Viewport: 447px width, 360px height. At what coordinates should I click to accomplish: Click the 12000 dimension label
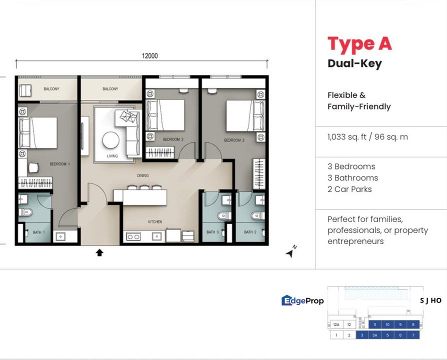(x=149, y=56)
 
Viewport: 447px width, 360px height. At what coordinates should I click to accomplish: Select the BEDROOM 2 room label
(x=233, y=140)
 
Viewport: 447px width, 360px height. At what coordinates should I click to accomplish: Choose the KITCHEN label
(x=154, y=222)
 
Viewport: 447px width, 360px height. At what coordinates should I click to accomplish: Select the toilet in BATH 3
(x=223, y=215)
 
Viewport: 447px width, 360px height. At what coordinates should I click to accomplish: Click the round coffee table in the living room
(x=111, y=140)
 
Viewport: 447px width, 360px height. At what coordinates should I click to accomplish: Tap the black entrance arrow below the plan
(x=99, y=253)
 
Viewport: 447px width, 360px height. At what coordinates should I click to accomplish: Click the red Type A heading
(x=359, y=44)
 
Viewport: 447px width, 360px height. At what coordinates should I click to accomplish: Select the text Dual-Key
(x=354, y=63)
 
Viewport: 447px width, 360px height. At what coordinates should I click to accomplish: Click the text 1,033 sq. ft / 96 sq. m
(x=367, y=136)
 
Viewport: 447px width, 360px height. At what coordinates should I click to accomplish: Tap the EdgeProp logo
(x=302, y=300)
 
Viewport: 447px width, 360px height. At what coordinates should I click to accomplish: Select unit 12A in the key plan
(x=336, y=324)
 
